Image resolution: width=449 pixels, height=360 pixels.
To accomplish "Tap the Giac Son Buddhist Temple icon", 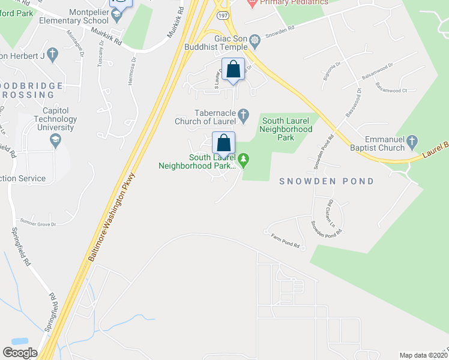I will pyautogui.click(x=255, y=40).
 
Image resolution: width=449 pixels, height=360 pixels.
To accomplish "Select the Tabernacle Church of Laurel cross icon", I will pyautogui.click(x=243, y=113).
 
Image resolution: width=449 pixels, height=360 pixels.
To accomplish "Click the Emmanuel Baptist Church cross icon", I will pyautogui.click(x=412, y=142).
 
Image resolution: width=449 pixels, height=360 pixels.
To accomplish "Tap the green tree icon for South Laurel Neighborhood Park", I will pyautogui.click(x=243, y=160).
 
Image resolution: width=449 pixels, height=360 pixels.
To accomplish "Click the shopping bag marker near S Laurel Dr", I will pyautogui.click(x=233, y=70).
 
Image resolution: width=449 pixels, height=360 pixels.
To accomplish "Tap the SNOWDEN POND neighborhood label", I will pyautogui.click(x=327, y=181).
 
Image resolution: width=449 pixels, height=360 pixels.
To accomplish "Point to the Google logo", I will pyautogui.click(x=20, y=353).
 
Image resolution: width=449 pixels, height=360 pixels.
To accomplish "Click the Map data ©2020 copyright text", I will pyautogui.click(x=423, y=355).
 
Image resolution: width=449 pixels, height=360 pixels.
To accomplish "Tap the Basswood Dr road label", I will pyautogui.click(x=352, y=103).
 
